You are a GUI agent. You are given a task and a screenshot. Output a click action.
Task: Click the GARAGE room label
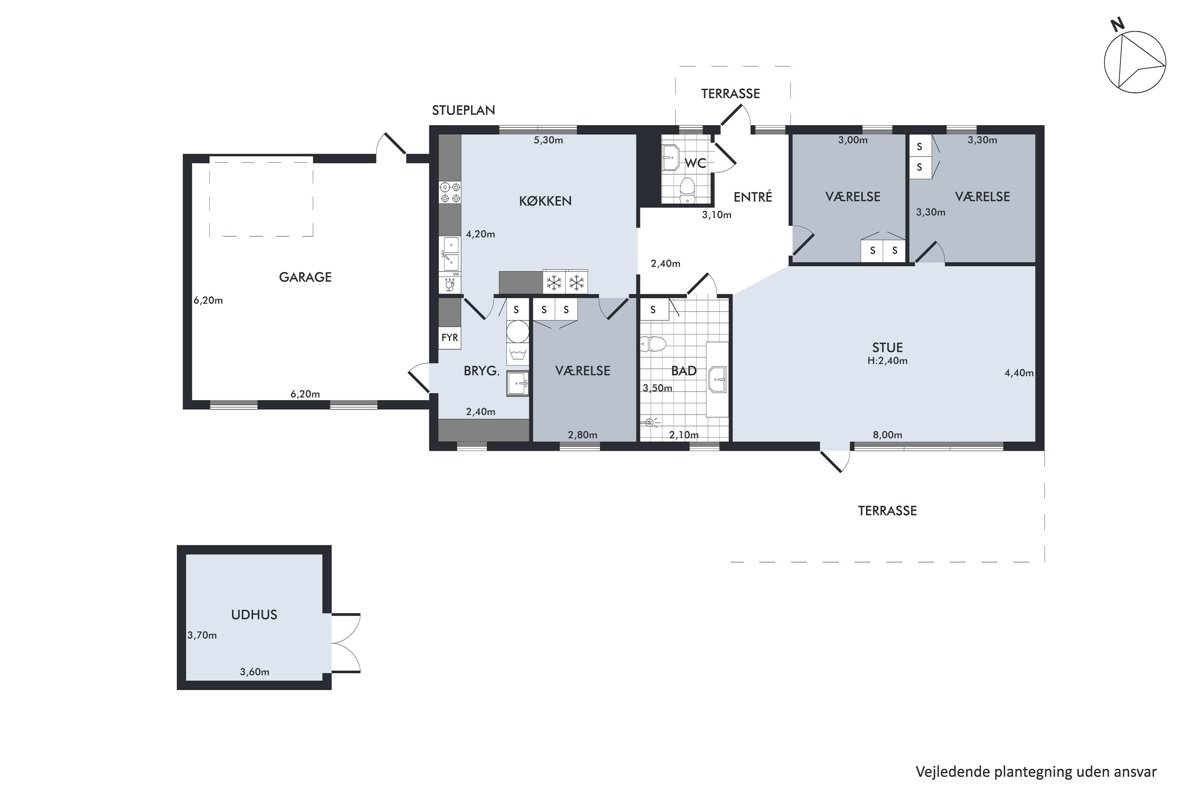[x=305, y=277]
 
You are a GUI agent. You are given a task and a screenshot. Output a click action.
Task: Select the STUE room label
[x=887, y=348]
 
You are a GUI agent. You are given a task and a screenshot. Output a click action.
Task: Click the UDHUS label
[x=254, y=614]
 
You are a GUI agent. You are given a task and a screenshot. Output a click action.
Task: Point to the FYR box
[x=450, y=338]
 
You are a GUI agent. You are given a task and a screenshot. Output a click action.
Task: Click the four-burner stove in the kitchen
[x=450, y=192]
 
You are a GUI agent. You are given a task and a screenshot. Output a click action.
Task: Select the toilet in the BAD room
[x=653, y=344]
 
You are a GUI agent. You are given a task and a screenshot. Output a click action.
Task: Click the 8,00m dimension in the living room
[x=887, y=435]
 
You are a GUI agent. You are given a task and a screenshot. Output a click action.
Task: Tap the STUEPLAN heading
[x=463, y=110]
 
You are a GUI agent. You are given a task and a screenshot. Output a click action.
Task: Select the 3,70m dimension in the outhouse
[x=202, y=635]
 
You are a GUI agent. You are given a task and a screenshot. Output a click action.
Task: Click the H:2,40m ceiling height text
[x=887, y=361]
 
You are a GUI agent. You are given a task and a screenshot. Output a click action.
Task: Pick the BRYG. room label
[x=481, y=371]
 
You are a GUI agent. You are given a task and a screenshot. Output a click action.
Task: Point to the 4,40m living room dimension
[x=1019, y=373]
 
